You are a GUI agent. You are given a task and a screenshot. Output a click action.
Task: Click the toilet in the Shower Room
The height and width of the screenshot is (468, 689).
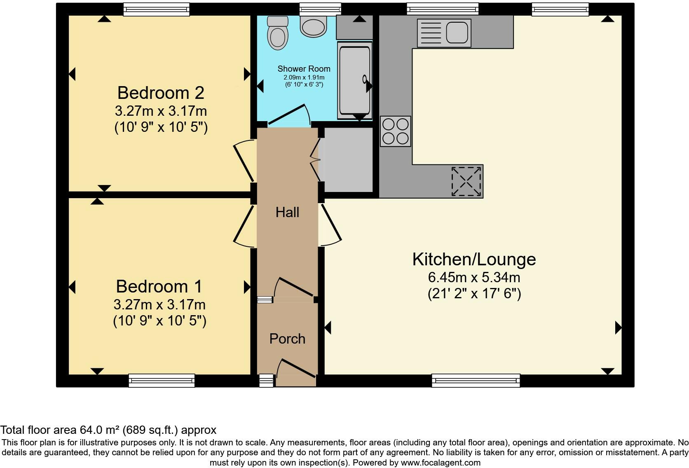pos(277,34)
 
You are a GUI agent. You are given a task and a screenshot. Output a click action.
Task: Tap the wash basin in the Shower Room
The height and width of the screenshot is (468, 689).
pos(314,26)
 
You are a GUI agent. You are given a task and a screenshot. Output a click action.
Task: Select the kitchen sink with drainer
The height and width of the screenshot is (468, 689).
pos(443,33)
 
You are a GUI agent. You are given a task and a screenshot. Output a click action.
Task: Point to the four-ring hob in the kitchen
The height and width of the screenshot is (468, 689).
pos(395,131)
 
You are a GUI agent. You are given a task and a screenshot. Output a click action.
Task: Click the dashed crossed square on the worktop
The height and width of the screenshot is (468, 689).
pos(466,181)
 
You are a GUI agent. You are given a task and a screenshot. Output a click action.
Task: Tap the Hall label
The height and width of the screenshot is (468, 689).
pos(287,213)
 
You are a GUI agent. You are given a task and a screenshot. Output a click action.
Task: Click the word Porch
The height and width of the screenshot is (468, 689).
pos(287,339)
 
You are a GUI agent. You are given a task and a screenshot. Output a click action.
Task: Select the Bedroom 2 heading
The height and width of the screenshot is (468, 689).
pos(161,93)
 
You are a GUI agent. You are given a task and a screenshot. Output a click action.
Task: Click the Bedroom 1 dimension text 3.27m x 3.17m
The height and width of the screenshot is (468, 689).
pos(159,305)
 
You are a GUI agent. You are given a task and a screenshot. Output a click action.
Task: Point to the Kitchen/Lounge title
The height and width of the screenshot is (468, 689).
pos(474,259)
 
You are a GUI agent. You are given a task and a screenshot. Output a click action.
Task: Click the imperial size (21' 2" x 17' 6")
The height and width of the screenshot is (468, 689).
pos(474,294)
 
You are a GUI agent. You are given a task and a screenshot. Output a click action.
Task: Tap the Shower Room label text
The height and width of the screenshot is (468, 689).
pos(304,69)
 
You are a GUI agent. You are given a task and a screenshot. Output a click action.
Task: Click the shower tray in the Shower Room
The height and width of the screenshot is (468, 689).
pos(354,80)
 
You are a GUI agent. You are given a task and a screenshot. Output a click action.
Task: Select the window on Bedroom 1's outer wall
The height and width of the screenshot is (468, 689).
pos(162,380)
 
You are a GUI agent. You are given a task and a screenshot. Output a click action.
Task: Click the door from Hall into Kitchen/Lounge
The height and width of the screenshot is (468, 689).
pos(331,225)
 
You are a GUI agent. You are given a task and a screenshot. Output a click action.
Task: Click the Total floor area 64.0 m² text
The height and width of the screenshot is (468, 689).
pos(108,430)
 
